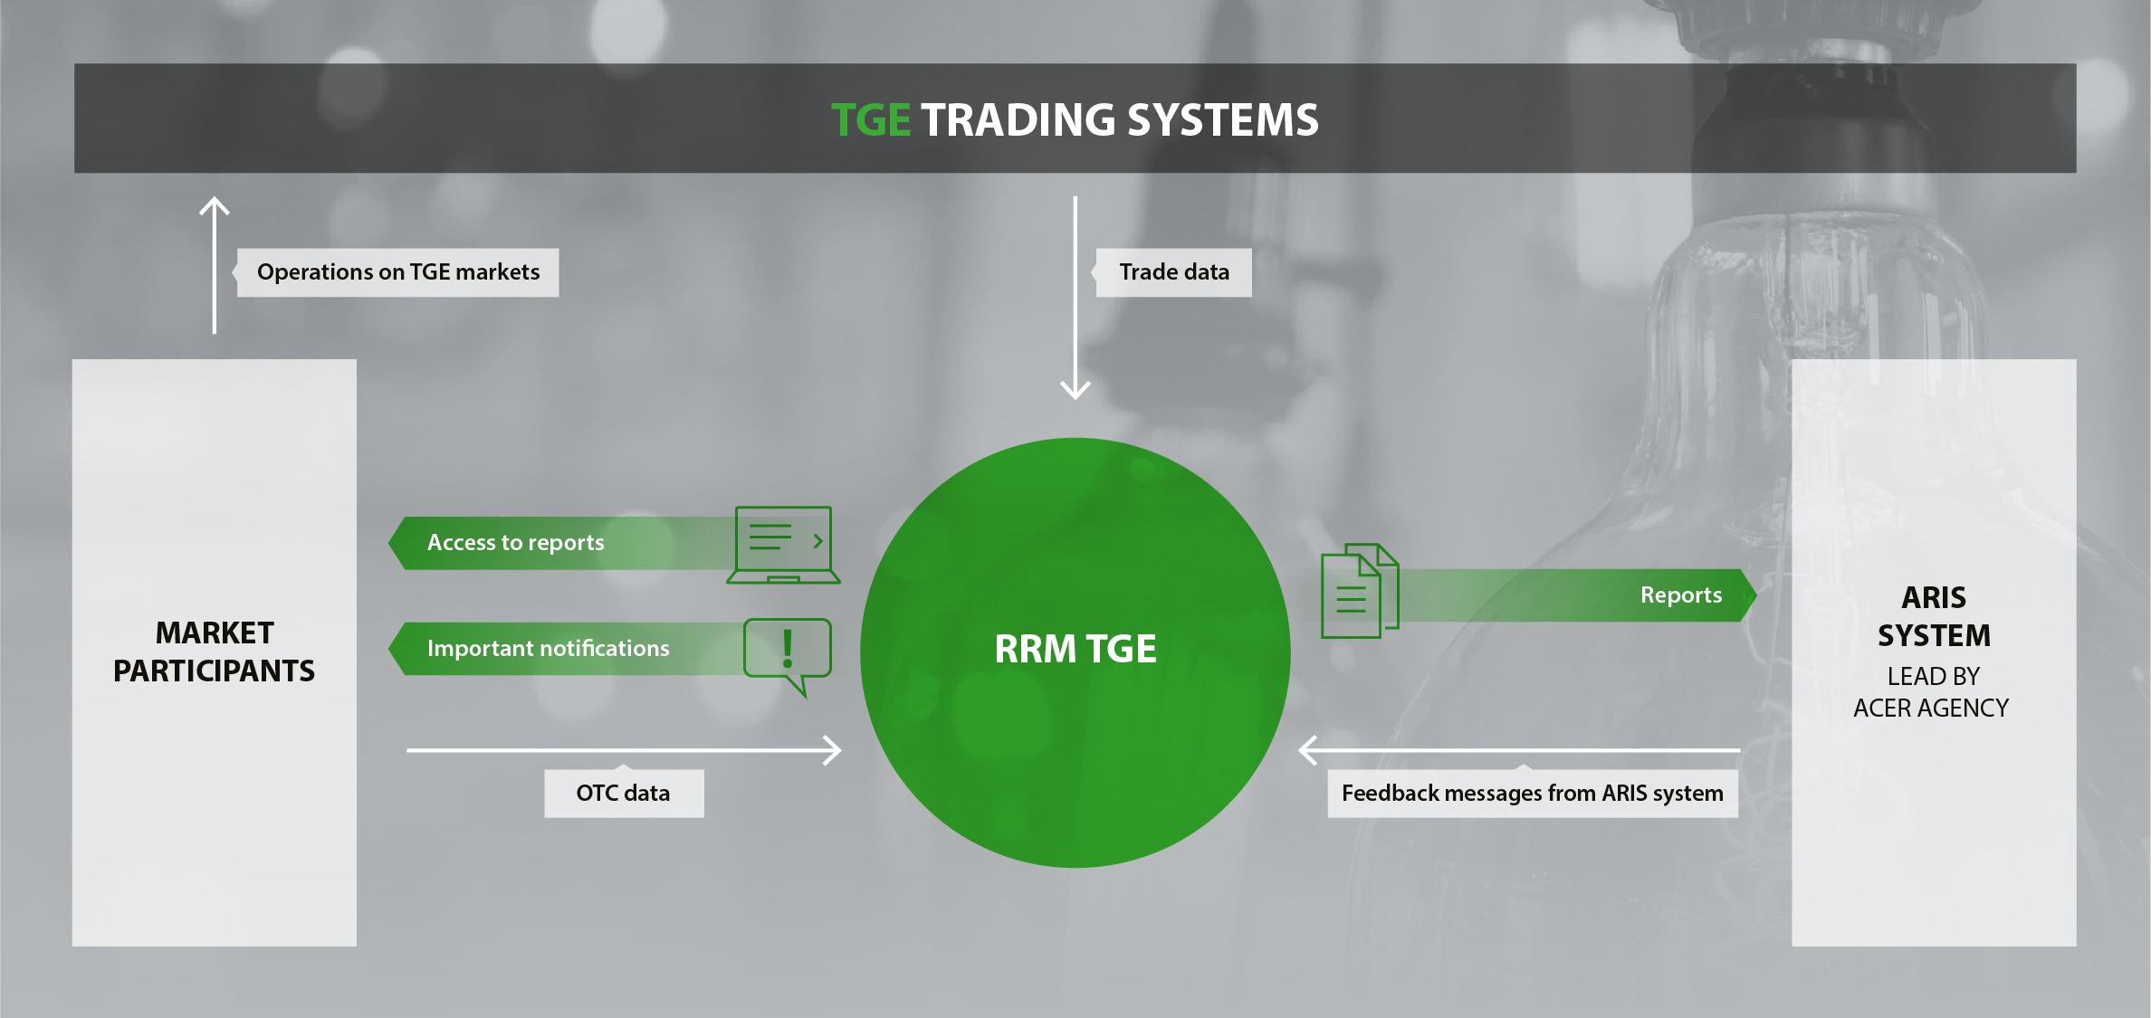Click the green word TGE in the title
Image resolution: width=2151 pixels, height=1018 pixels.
(870, 120)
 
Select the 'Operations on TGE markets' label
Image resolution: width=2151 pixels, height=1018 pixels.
(398, 272)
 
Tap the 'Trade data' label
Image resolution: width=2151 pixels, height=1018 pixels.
(1174, 272)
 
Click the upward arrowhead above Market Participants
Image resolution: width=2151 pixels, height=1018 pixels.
(215, 206)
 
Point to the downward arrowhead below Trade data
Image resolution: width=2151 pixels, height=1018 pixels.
(1075, 390)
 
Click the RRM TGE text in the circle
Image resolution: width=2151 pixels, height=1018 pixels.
(1075, 649)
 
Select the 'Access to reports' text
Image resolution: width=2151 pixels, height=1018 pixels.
(515, 543)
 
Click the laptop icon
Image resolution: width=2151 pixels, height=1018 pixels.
(784, 545)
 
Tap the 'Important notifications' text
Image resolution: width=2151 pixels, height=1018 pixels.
(548, 649)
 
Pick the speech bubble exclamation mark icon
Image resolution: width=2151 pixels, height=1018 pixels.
(788, 652)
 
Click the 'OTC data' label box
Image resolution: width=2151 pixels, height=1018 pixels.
(624, 794)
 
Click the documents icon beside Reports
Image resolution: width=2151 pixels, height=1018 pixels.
(1359, 591)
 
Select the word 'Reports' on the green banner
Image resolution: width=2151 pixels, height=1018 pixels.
(1681, 595)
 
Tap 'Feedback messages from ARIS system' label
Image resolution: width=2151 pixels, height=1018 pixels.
(1532, 794)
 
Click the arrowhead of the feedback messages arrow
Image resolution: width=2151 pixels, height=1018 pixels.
(1307, 750)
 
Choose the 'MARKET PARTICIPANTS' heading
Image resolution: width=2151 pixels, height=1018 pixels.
(215, 652)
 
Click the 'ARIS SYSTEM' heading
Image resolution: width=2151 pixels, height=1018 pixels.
(1934, 616)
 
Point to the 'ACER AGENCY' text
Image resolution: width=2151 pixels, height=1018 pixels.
(1931, 708)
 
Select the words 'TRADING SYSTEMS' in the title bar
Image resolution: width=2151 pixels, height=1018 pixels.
(1120, 120)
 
